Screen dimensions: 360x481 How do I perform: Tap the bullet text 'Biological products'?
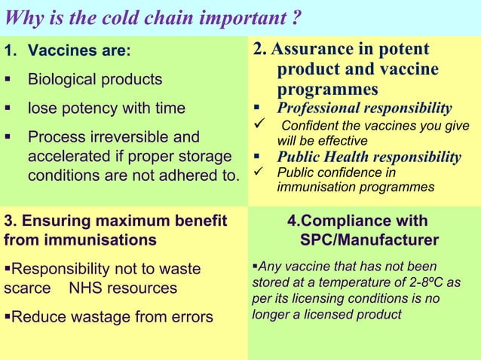tap(95, 79)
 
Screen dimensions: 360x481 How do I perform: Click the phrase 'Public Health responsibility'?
tap(369, 157)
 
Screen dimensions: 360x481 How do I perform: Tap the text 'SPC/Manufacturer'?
tap(369, 240)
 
